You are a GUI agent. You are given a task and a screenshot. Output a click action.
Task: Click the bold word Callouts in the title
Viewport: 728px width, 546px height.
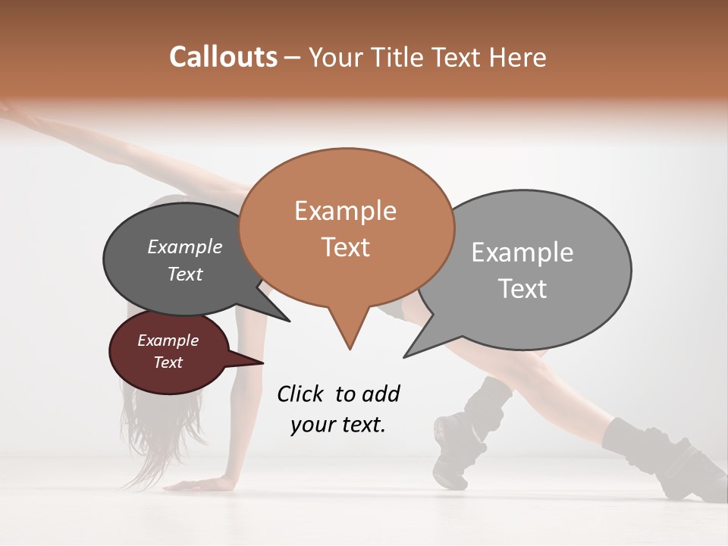(223, 57)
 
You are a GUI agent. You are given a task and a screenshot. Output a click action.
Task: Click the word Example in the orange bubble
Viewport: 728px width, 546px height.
(345, 211)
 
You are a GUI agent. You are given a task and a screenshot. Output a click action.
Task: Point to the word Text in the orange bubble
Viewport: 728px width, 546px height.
(345, 246)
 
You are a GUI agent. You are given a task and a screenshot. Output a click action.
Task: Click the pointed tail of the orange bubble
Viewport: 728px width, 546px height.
(349, 345)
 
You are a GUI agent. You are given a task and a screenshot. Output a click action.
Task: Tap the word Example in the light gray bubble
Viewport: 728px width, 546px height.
(522, 253)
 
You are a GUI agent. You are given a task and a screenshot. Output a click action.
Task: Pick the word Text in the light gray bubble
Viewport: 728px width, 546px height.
(523, 288)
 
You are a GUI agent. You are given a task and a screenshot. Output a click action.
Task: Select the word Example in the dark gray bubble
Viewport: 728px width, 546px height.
(184, 246)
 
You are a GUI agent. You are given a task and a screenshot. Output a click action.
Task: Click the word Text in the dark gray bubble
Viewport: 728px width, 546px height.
(184, 274)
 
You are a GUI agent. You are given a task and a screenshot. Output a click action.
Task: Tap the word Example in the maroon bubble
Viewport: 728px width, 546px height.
(168, 340)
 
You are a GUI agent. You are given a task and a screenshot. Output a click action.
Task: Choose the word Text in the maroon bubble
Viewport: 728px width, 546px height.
(168, 362)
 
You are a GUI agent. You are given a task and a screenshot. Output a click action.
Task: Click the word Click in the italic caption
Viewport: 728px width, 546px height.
(302, 394)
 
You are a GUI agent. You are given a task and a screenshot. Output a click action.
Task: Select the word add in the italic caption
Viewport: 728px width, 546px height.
(381, 394)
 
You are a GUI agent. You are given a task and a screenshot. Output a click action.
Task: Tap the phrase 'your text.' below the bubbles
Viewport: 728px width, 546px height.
(338, 425)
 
